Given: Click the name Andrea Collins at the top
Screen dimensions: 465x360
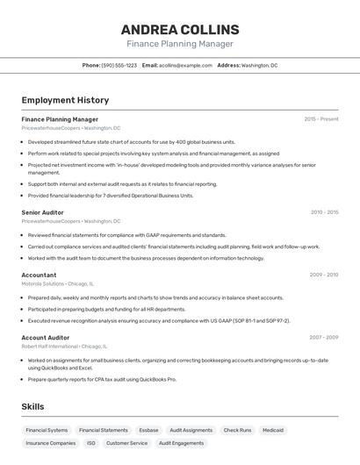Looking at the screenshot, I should click(180, 30).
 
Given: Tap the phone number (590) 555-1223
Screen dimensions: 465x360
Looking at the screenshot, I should click(119, 65).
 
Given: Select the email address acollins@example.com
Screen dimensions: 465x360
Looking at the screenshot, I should click(185, 65).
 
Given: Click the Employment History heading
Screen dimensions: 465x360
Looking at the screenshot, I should click(65, 100).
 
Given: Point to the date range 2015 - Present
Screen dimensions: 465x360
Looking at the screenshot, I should click(320, 119).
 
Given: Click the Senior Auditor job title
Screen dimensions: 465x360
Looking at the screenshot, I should click(42, 212).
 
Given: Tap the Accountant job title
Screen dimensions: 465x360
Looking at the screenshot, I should click(39, 275).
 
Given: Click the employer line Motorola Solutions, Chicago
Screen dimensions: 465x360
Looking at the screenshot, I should click(58, 283).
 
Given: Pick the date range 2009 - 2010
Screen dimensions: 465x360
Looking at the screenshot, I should click(323, 275).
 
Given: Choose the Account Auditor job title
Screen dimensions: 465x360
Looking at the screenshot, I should click(45, 337).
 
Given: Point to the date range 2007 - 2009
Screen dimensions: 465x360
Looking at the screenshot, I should click(323, 337).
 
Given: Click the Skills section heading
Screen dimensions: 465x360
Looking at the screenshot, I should click(32, 406).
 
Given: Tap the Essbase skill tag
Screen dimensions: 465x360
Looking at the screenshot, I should click(148, 430).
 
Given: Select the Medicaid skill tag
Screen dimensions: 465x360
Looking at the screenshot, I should click(273, 430).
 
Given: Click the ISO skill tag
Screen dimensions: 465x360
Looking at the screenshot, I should click(91, 443).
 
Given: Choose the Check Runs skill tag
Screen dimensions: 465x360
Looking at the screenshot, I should click(237, 430).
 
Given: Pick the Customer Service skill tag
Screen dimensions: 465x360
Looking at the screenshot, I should click(127, 443).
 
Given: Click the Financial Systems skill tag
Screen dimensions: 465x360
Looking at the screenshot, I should click(47, 430).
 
